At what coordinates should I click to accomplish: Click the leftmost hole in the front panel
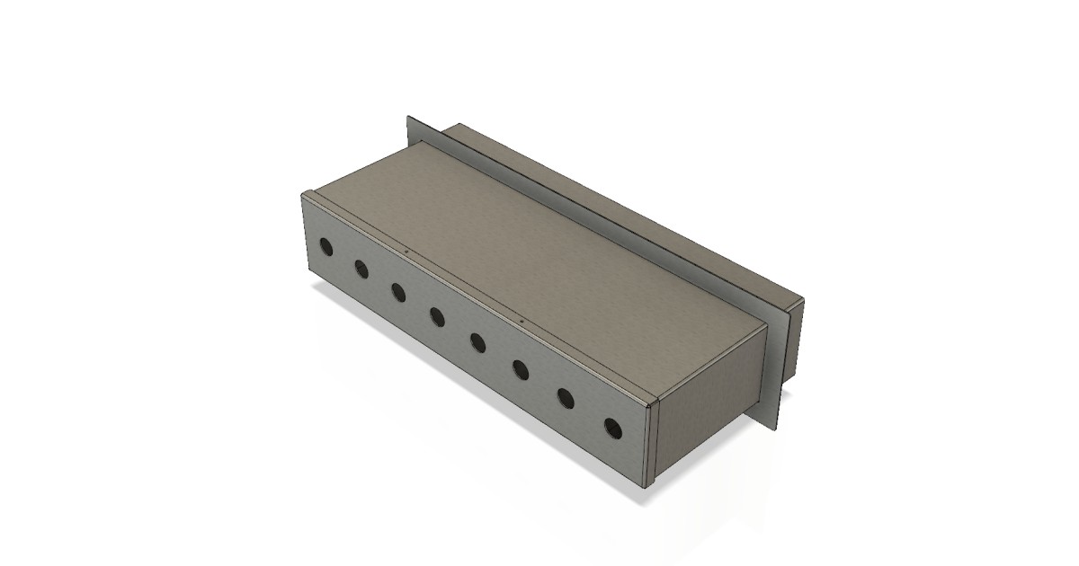(x=325, y=245)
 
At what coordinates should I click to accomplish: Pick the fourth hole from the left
(x=437, y=315)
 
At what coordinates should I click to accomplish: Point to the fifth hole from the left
(x=477, y=341)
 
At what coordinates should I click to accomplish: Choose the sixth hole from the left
(x=521, y=367)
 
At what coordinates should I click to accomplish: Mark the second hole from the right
(x=566, y=396)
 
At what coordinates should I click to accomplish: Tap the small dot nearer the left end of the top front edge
(x=406, y=252)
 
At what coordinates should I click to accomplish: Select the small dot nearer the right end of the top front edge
(x=522, y=320)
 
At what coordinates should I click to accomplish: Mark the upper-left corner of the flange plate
(x=409, y=117)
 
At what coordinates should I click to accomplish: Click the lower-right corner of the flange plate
(x=772, y=429)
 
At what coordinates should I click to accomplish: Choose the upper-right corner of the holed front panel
(x=650, y=406)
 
